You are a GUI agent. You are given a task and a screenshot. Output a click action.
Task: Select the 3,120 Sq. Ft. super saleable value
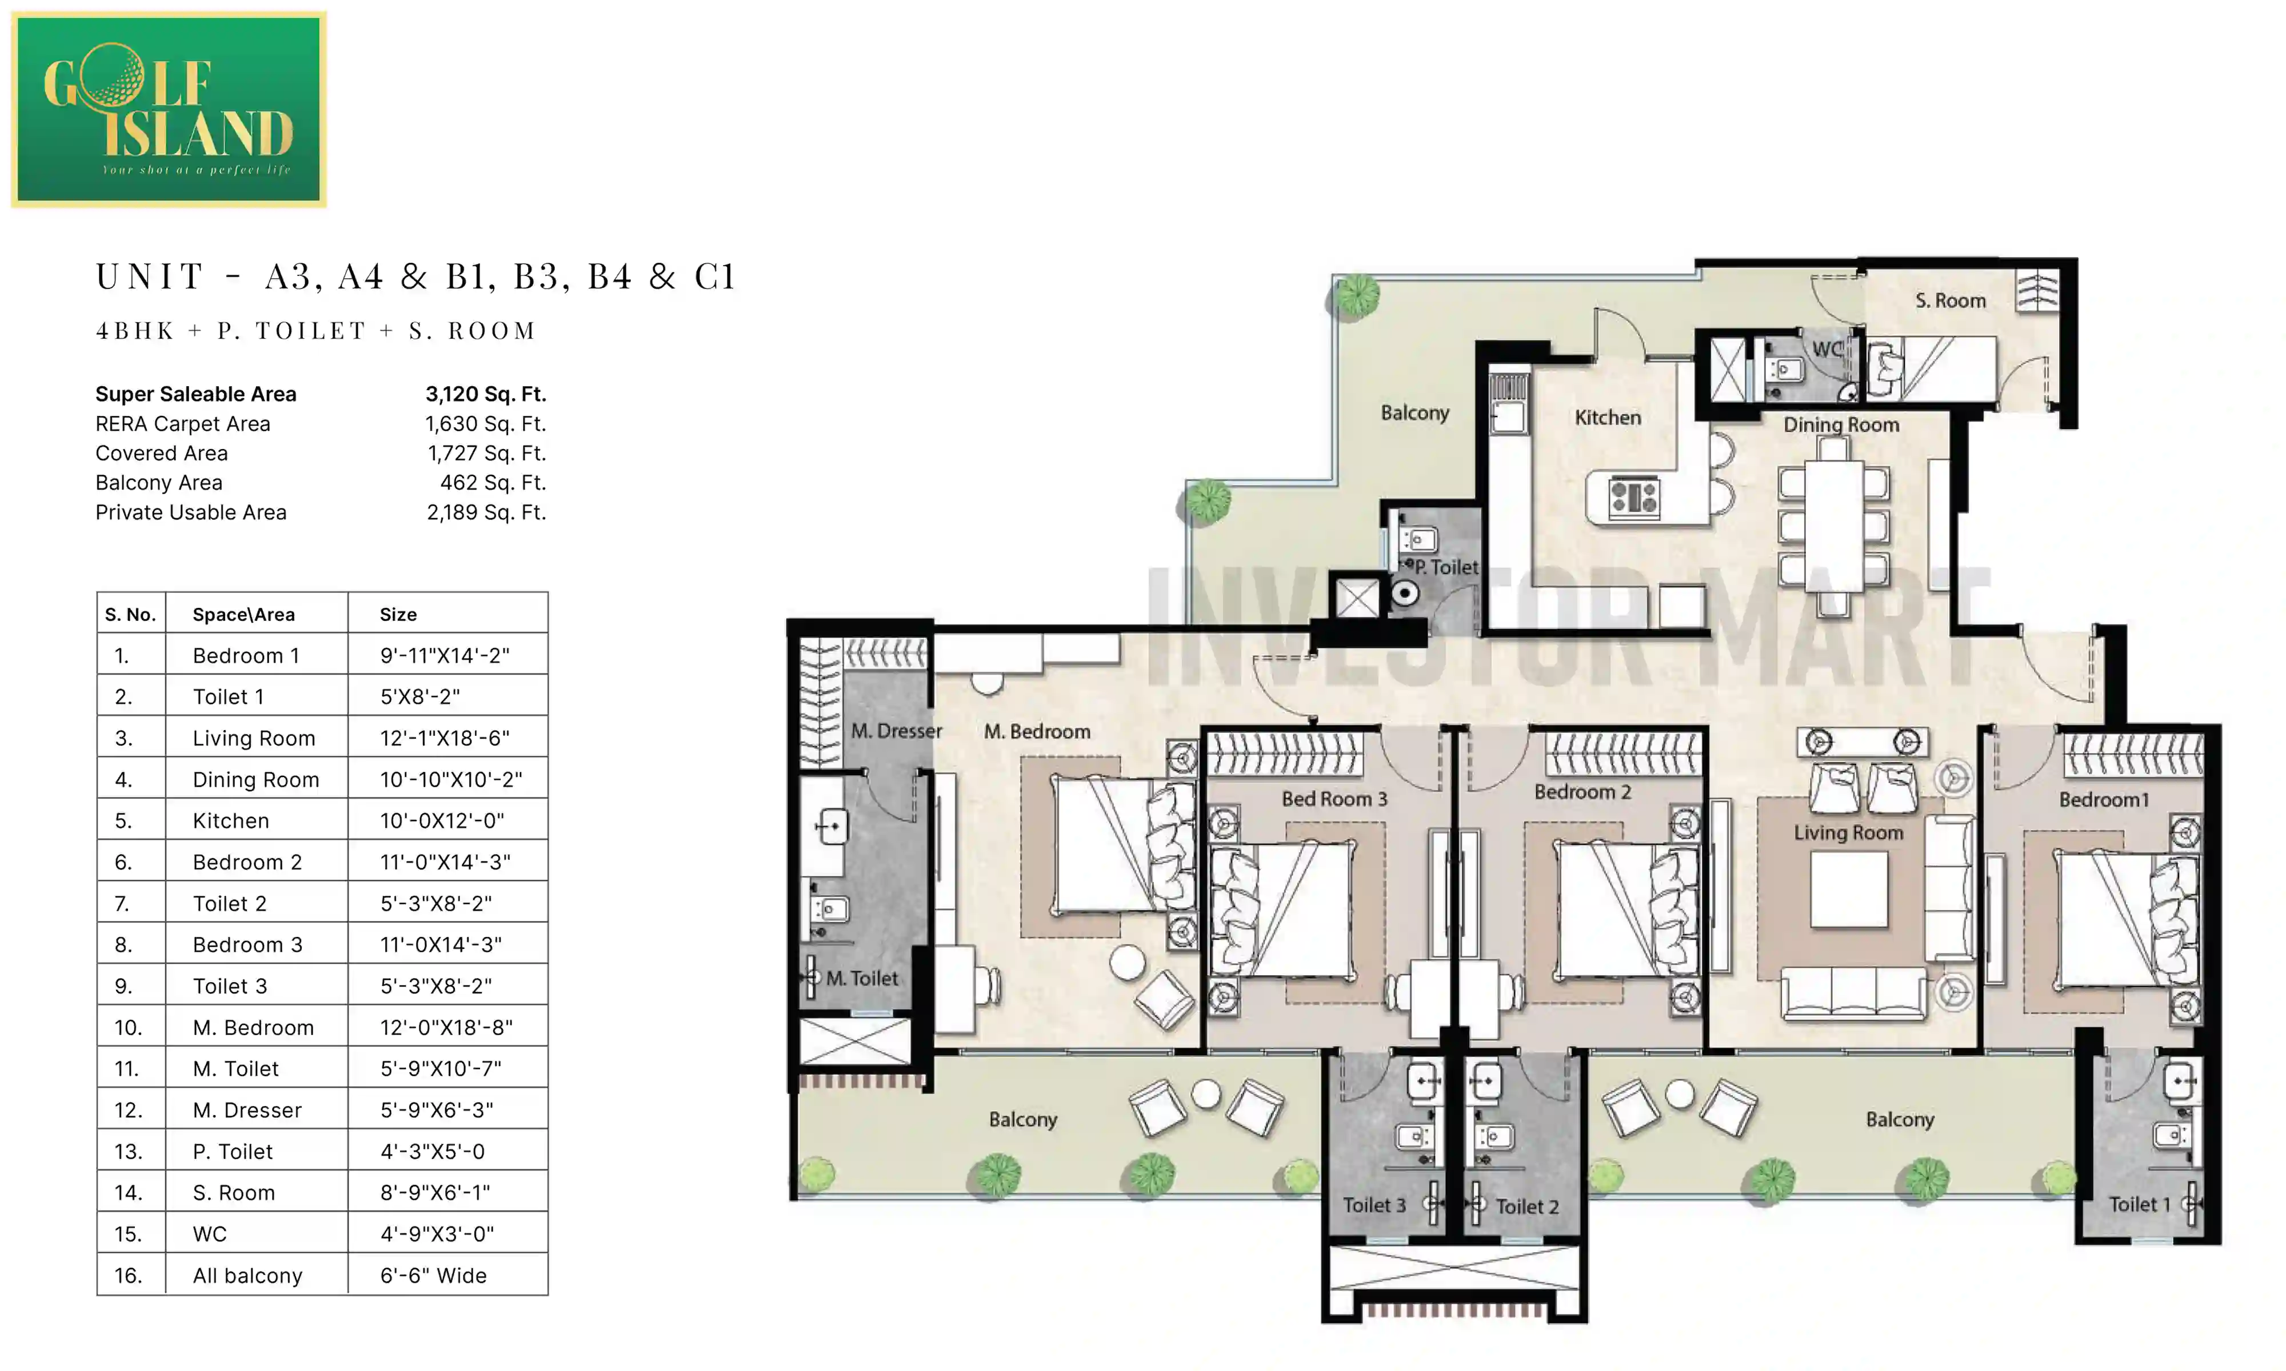[x=485, y=395]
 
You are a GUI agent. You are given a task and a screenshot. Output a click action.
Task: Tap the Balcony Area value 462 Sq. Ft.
[x=493, y=483]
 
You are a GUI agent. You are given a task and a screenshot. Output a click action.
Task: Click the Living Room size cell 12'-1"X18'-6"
[x=445, y=738]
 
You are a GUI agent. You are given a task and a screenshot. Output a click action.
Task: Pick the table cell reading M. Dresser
[x=247, y=1111]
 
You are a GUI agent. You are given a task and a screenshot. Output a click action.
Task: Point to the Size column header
[x=398, y=614]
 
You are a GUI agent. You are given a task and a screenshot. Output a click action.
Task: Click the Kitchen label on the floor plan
[x=1608, y=418]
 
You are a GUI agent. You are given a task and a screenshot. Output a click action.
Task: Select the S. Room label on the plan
[x=1949, y=301]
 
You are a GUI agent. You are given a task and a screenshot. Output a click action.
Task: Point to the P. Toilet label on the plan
[x=1446, y=567]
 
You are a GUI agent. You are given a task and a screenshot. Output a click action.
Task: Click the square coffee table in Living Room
[x=1848, y=889]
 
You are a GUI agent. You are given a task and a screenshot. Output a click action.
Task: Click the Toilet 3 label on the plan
[x=1374, y=1206]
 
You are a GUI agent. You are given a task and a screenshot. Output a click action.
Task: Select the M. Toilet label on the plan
[x=861, y=979]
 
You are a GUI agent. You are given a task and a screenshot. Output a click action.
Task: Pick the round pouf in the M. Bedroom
[x=1128, y=963]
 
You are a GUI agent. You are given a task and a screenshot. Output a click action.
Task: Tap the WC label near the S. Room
[x=1826, y=349]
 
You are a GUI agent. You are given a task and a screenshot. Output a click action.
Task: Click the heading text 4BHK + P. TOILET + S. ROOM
[x=316, y=331]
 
